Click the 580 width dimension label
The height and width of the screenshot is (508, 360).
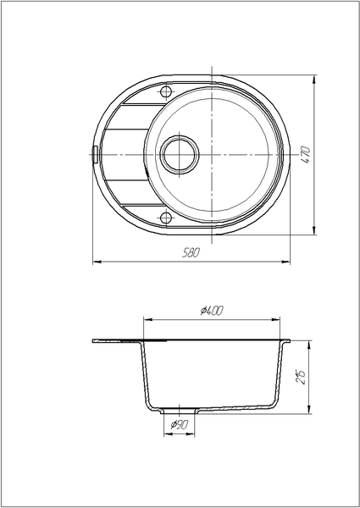(x=191, y=252)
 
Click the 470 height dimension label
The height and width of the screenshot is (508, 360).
(x=306, y=155)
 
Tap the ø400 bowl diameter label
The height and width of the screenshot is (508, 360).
(x=212, y=311)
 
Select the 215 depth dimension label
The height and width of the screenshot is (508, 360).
(x=302, y=377)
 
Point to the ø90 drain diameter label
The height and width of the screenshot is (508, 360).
(x=180, y=424)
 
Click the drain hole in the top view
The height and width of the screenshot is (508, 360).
(x=180, y=155)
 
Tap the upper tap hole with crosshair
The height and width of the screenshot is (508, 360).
(x=166, y=92)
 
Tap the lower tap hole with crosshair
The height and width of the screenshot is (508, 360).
(x=166, y=218)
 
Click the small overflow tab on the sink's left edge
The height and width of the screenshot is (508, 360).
(x=95, y=155)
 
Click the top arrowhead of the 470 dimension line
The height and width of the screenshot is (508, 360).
(x=314, y=79)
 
